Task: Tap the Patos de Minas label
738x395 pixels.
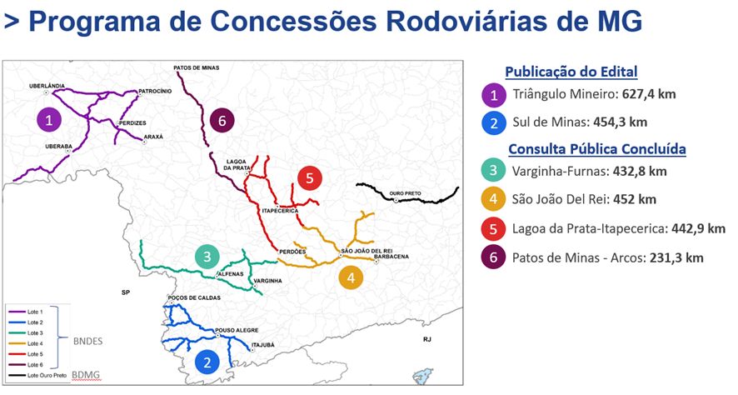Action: pyautogui.click(x=196, y=67)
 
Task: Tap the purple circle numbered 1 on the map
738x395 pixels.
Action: pyautogui.click(x=50, y=120)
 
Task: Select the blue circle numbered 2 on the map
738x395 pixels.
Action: pyautogui.click(x=207, y=362)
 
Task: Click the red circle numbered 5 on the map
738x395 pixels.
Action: pyautogui.click(x=309, y=177)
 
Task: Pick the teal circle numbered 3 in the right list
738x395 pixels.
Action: pyautogui.click(x=493, y=172)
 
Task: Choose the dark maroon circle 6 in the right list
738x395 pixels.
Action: pyautogui.click(x=493, y=257)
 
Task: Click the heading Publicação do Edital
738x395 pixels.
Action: pyautogui.click(x=571, y=72)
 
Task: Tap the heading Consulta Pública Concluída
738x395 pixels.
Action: pyautogui.click(x=596, y=150)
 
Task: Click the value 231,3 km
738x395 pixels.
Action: pyautogui.click(x=675, y=258)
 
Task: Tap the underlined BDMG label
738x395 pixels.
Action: pyautogui.click(x=85, y=376)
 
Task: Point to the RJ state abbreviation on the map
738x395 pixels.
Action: pyautogui.click(x=426, y=340)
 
